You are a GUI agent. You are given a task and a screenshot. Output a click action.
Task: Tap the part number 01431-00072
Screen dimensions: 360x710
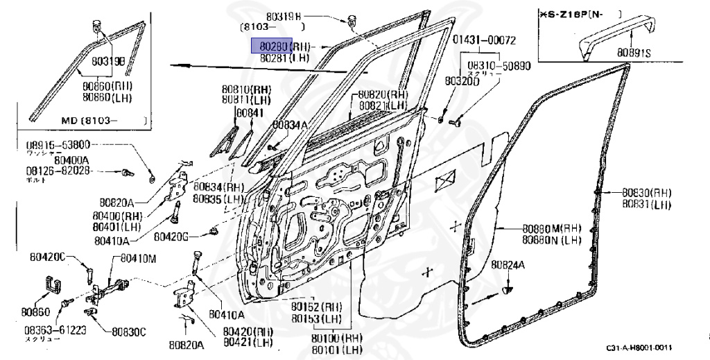pyautogui.click(x=485, y=40)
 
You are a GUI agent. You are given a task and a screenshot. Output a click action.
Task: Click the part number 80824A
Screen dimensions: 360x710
pyautogui.click(x=508, y=264)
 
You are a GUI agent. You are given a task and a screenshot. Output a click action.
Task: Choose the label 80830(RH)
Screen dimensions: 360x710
pyautogui.click(x=646, y=193)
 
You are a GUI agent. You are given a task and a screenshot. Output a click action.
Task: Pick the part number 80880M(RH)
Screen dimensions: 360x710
pyautogui.click(x=551, y=229)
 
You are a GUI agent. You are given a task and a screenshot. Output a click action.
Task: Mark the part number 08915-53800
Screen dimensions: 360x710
pyautogui.click(x=58, y=145)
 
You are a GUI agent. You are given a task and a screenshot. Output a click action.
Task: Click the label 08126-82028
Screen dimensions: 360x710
pyautogui.click(x=58, y=170)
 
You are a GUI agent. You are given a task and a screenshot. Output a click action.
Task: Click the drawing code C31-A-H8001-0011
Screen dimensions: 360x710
pyautogui.click(x=639, y=348)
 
